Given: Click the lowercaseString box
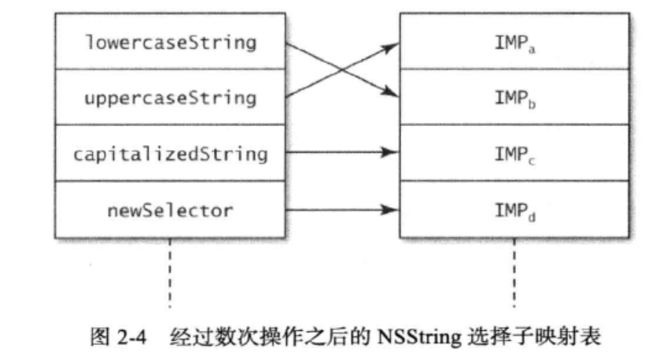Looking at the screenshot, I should tap(170, 43).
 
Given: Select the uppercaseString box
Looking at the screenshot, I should tap(170, 98).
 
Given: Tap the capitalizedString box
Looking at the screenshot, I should tap(170, 154).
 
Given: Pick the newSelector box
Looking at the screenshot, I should tap(170, 210).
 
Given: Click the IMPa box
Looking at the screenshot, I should tap(514, 43).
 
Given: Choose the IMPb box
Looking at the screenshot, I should tap(514, 98).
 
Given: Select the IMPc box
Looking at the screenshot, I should tap(514, 154).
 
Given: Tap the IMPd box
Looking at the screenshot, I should tap(514, 210).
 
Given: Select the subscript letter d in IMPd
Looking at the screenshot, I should tap(534, 214).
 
